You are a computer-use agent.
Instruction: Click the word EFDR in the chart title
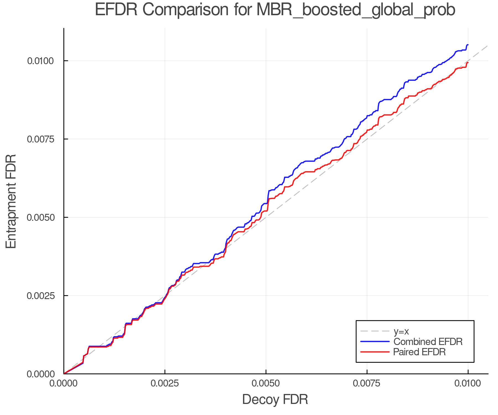(x=116, y=10)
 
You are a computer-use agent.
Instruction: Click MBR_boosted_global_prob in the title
(x=356, y=10)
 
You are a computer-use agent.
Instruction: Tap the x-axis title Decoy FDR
(x=275, y=400)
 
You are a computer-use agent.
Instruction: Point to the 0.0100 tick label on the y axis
(x=40, y=61)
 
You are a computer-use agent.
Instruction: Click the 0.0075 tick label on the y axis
(x=40, y=139)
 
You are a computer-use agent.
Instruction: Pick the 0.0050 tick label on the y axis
(x=40, y=217)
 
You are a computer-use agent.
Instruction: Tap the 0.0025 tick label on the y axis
(x=40, y=296)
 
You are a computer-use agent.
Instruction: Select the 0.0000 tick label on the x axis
(x=64, y=383)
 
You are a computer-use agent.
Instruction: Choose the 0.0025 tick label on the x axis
(x=165, y=383)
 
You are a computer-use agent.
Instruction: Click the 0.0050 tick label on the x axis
(x=266, y=383)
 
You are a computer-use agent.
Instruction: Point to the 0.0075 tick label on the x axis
(x=367, y=383)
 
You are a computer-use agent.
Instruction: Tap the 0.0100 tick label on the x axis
(x=468, y=383)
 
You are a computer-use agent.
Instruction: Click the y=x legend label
(x=401, y=331)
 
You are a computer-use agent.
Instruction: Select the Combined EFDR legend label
(x=428, y=342)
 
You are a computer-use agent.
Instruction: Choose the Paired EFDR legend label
(x=419, y=352)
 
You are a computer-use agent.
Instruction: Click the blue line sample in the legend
(x=375, y=342)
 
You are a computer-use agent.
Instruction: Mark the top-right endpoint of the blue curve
(x=468, y=45)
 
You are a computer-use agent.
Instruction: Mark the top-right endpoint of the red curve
(x=468, y=63)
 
